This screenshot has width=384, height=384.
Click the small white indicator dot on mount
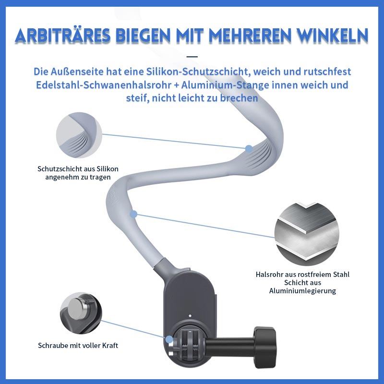point(190,317)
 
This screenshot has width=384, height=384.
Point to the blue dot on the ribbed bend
point(249,149)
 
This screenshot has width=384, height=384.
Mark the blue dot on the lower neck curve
point(133,214)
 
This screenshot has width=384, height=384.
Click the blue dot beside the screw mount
point(169,339)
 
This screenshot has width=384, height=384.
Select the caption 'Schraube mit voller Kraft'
point(78,346)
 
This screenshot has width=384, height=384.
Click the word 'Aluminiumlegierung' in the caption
point(302,291)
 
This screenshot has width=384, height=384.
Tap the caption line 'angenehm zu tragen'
point(78,177)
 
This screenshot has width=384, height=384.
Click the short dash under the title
point(192,57)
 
